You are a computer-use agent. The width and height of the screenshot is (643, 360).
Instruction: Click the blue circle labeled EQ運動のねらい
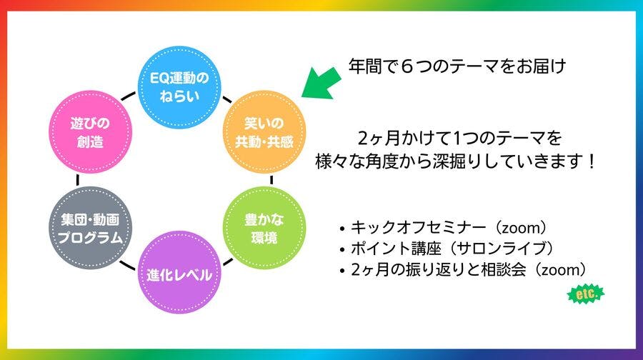179,87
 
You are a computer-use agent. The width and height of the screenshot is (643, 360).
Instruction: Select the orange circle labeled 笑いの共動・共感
264,132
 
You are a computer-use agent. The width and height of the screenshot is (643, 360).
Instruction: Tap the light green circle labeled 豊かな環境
264,228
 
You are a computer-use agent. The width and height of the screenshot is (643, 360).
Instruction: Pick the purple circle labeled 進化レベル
179,273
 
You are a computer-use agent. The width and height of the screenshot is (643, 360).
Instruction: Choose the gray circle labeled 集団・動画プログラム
91,228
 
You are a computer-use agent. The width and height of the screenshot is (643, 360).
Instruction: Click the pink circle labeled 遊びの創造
91,132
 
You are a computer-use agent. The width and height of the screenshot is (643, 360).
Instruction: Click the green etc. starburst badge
586,294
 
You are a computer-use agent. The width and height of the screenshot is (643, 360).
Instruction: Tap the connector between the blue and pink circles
128,96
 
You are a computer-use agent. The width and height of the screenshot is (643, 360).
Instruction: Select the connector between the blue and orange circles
227,99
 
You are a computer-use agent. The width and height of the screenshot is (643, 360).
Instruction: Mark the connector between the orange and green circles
271,180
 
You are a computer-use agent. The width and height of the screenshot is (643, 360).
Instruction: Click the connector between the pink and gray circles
77,180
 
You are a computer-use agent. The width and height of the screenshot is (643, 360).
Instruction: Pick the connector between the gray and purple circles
127,265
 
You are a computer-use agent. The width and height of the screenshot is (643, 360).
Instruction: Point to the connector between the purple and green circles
228,261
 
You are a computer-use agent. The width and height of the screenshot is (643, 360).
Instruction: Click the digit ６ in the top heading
407,66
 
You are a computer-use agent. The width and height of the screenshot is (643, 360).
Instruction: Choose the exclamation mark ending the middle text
591,161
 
